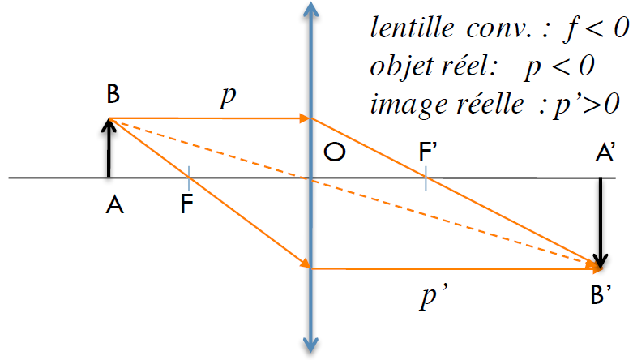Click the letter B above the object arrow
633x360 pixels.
113,94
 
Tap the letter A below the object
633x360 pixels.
114,205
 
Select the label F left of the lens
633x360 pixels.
186,204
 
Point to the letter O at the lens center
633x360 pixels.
335,152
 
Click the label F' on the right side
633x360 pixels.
428,152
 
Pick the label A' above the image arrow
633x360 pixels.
605,152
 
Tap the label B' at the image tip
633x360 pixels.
601,294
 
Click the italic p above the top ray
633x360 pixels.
228,97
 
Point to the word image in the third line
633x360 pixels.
408,105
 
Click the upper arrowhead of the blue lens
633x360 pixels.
310,9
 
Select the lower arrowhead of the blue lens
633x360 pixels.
310,346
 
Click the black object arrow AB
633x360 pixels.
109,148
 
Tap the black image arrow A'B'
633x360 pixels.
601,223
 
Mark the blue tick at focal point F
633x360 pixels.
189,178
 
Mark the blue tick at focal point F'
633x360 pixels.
426,178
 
